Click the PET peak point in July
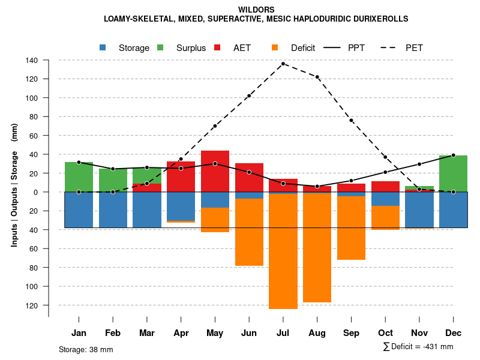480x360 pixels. (x=283, y=64)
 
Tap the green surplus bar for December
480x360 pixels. (x=453, y=174)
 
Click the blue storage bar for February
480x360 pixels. (x=113, y=210)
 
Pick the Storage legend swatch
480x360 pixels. (x=103, y=48)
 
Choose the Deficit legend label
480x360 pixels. (x=303, y=48)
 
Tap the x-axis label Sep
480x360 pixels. (x=351, y=333)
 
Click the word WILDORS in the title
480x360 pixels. (x=256, y=10)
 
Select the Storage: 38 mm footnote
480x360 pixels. (x=86, y=349)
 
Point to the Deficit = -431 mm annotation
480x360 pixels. (x=418, y=347)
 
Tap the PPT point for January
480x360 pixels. (x=79, y=163)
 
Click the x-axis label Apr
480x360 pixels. (x=181, y=333)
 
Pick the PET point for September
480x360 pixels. (x=351, y=121)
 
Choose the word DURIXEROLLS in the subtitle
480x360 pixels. (x=379, y=19)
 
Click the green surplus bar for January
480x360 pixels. (x=79, y=177)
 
